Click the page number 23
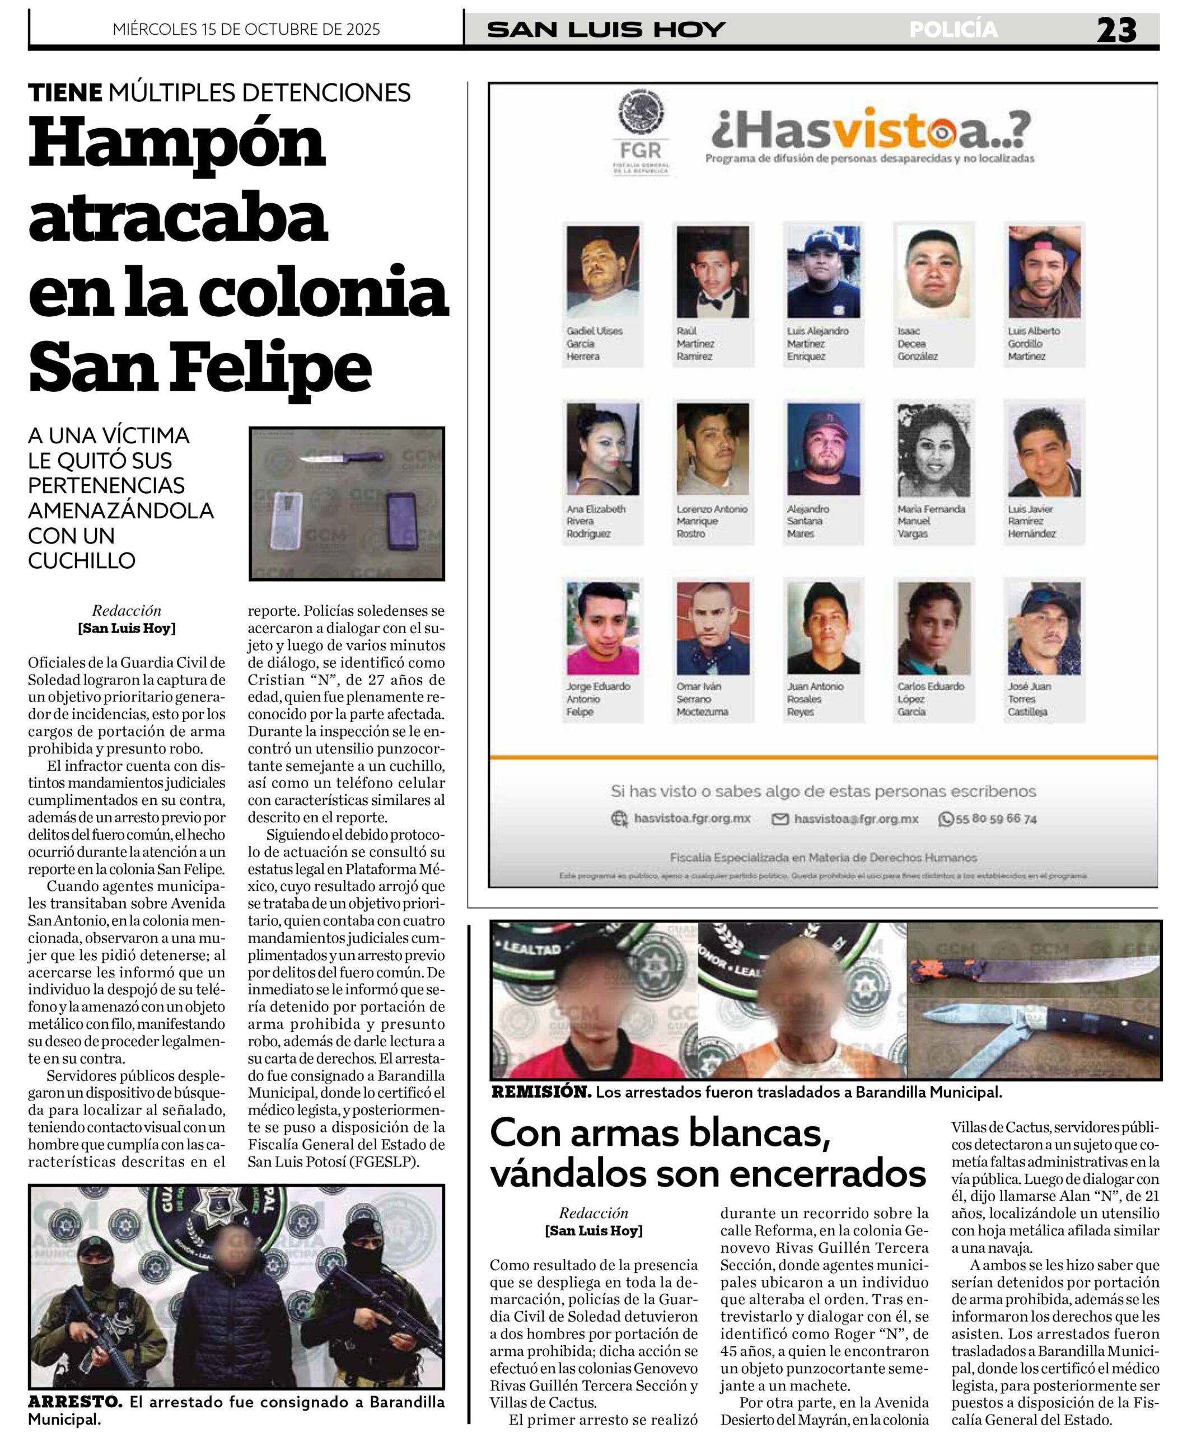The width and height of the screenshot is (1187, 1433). (1116, 30)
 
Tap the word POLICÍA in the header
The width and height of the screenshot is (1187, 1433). (953, 29)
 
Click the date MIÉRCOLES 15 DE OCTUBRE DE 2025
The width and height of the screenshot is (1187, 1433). (246, 29)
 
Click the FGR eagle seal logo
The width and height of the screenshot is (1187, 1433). (641, 113)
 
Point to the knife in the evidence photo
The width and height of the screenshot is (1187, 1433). (342, 458)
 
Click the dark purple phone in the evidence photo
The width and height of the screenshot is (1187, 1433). (401, 521)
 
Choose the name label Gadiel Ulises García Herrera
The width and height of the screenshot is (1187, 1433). (594, 343)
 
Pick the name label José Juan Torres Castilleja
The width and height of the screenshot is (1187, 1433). (1029, 699)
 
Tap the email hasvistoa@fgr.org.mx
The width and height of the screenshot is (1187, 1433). (856, 819)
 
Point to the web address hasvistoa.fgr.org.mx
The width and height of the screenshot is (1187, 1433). (691, 818)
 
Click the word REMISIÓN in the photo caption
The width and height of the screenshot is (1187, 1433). (541, 1092)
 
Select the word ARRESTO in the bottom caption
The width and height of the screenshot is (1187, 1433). (75, 1402)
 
